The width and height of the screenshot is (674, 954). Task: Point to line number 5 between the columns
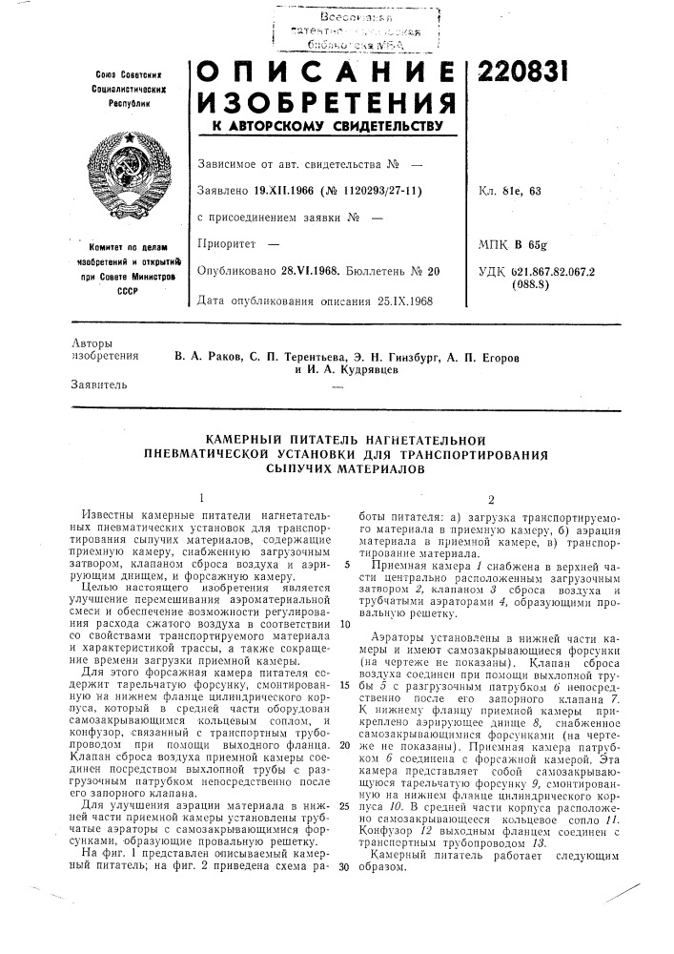pos(342,566)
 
